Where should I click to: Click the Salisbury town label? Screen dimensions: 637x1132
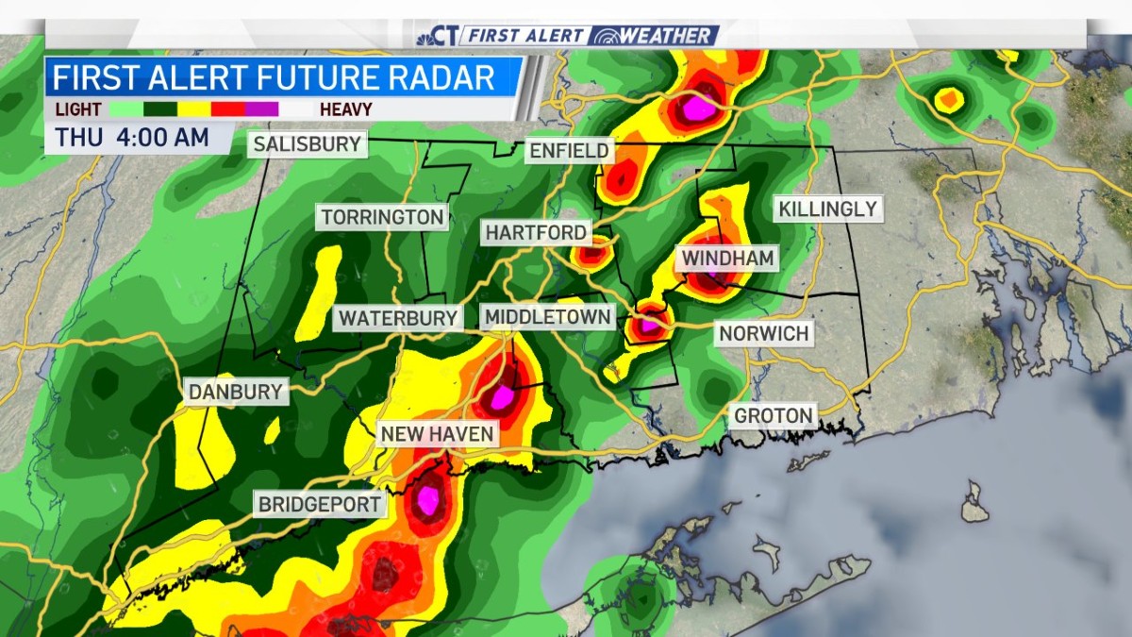[308, 144]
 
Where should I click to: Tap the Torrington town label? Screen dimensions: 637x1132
[382, 217]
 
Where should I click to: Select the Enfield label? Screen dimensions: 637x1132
[570, 151]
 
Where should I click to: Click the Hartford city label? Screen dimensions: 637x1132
[537, 232]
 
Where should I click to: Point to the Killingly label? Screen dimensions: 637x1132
[827, 209]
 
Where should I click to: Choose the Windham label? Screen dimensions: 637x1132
[727, 258]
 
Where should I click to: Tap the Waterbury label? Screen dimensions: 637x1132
[397, 318]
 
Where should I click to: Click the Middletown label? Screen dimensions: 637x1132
[547, 317]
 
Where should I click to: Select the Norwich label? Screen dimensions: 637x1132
[763, 333]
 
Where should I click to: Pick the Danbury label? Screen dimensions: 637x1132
[236, 392]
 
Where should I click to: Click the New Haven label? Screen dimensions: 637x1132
[437, 434]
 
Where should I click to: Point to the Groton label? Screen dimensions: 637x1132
[773, 415]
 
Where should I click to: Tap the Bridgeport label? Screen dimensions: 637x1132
[321, 504]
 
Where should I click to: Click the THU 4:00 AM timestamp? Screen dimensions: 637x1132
[132, 137]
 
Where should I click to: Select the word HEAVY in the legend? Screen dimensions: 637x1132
[345, 109]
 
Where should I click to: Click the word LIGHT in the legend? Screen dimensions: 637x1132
[77, 109]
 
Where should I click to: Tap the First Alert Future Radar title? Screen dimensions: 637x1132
[274, 76]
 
